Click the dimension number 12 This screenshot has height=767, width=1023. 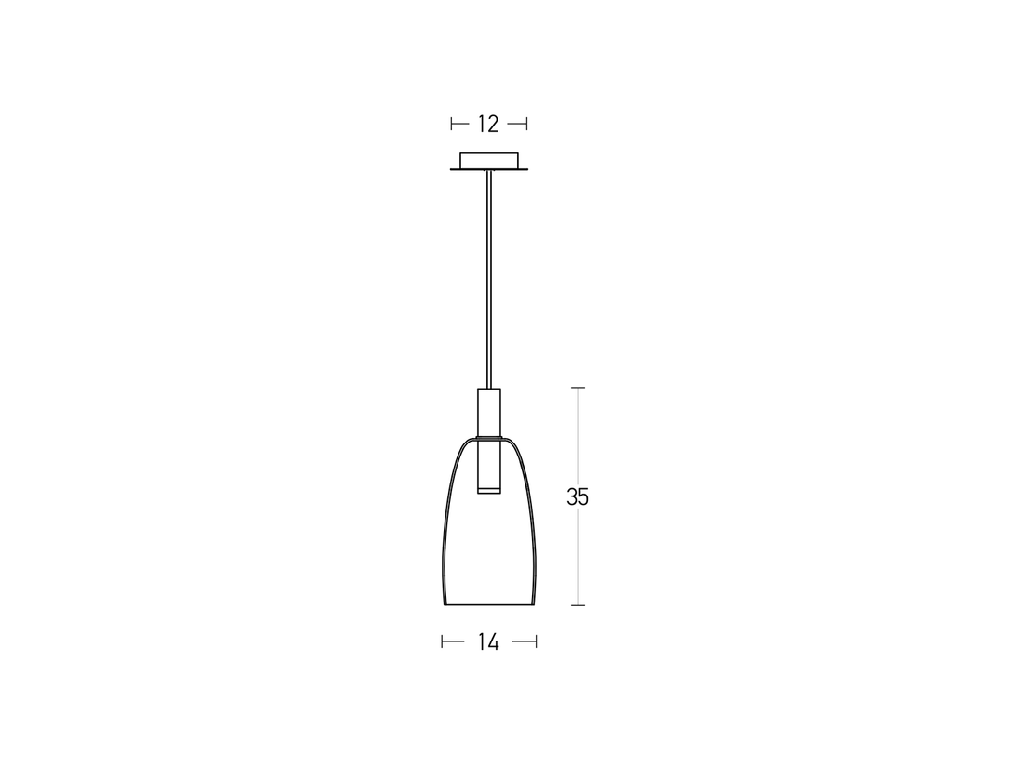pos(488,124)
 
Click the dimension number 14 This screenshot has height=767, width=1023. pos(488,641)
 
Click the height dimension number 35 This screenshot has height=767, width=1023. pos(578,497)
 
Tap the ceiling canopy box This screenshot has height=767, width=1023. pos(489,159)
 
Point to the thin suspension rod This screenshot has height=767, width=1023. pos(489,279)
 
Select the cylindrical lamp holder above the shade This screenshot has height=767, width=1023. pos(489,410)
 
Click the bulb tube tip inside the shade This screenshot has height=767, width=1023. pos(489,488)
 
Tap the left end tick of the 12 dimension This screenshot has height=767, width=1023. pos(452,124)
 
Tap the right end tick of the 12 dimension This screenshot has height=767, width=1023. pos(526,124)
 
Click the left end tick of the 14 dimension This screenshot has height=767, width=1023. pos(443,641)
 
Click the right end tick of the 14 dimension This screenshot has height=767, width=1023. pos(537,641)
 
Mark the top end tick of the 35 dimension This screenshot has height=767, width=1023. pos(578,388)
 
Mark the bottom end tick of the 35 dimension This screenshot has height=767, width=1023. pos(578,605)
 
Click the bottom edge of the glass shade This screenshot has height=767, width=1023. pos(490,606)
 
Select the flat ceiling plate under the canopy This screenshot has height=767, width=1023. pos(489,169)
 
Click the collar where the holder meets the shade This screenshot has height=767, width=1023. pos(489,436)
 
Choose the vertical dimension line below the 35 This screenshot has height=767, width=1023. pos(578,558)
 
